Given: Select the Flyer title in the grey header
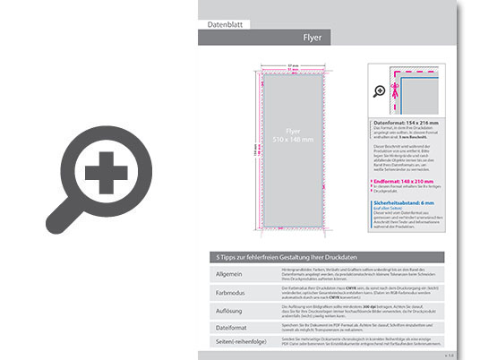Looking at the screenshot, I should (313, 39).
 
